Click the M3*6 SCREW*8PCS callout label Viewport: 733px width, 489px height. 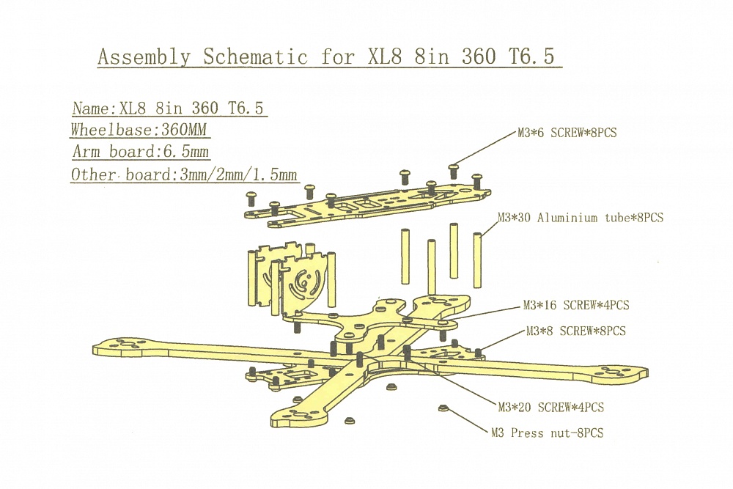tap(567, 134)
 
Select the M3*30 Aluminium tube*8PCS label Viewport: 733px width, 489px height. tap(581, 218)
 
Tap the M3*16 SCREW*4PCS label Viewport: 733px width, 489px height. tap(575, 305)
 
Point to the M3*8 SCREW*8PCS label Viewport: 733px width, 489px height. tap(576, 331)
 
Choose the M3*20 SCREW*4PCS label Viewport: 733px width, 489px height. tap(551, 407)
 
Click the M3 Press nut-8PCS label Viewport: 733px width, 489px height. tap(548, 433)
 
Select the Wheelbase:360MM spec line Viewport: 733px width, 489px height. tap(139, 130)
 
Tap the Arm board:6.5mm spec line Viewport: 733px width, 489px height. tap(141, 152)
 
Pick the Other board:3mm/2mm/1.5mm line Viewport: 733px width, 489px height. tap(184, 174)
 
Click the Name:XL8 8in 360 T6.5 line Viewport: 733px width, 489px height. tap(168, 109)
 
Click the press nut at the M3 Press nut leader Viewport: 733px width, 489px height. tap(442, 407)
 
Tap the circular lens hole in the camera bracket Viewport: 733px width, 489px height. tap(302, 281)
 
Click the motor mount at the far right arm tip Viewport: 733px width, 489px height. tap(616, 373)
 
